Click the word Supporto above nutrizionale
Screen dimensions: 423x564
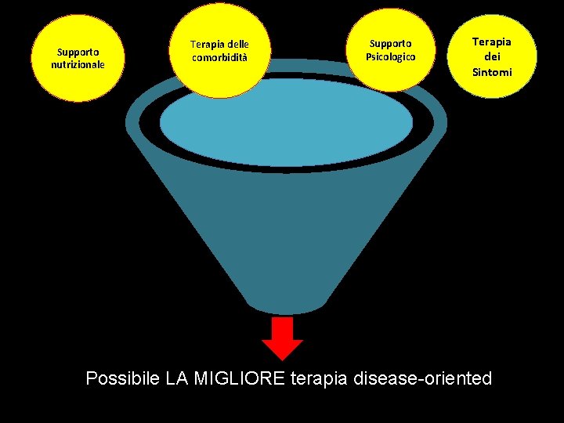pyautogui.click(x=77, y=53)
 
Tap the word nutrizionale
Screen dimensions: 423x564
pyautogui.click(x=78, y=64)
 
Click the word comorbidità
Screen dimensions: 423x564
pyautogui.click(x=220, y=57)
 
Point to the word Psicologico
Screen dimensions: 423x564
pyautogui.click(x=390, y=57)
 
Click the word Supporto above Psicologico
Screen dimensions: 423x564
pyautogui.click(x=390, y=44)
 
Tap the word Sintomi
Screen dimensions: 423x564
pyautogui.click(x=492, y=72)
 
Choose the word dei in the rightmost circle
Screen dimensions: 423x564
pyautogui.click(x=492, y=57)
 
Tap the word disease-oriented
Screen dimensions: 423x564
pyautogui.click(x=423, y=379)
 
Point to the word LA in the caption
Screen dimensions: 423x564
pyautogui.click(x=178, y=379)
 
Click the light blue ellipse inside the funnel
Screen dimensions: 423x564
pyautogui.click(x=286, y=121)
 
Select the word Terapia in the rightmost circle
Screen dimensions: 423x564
pyautogui.click(x=492, y=42)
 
